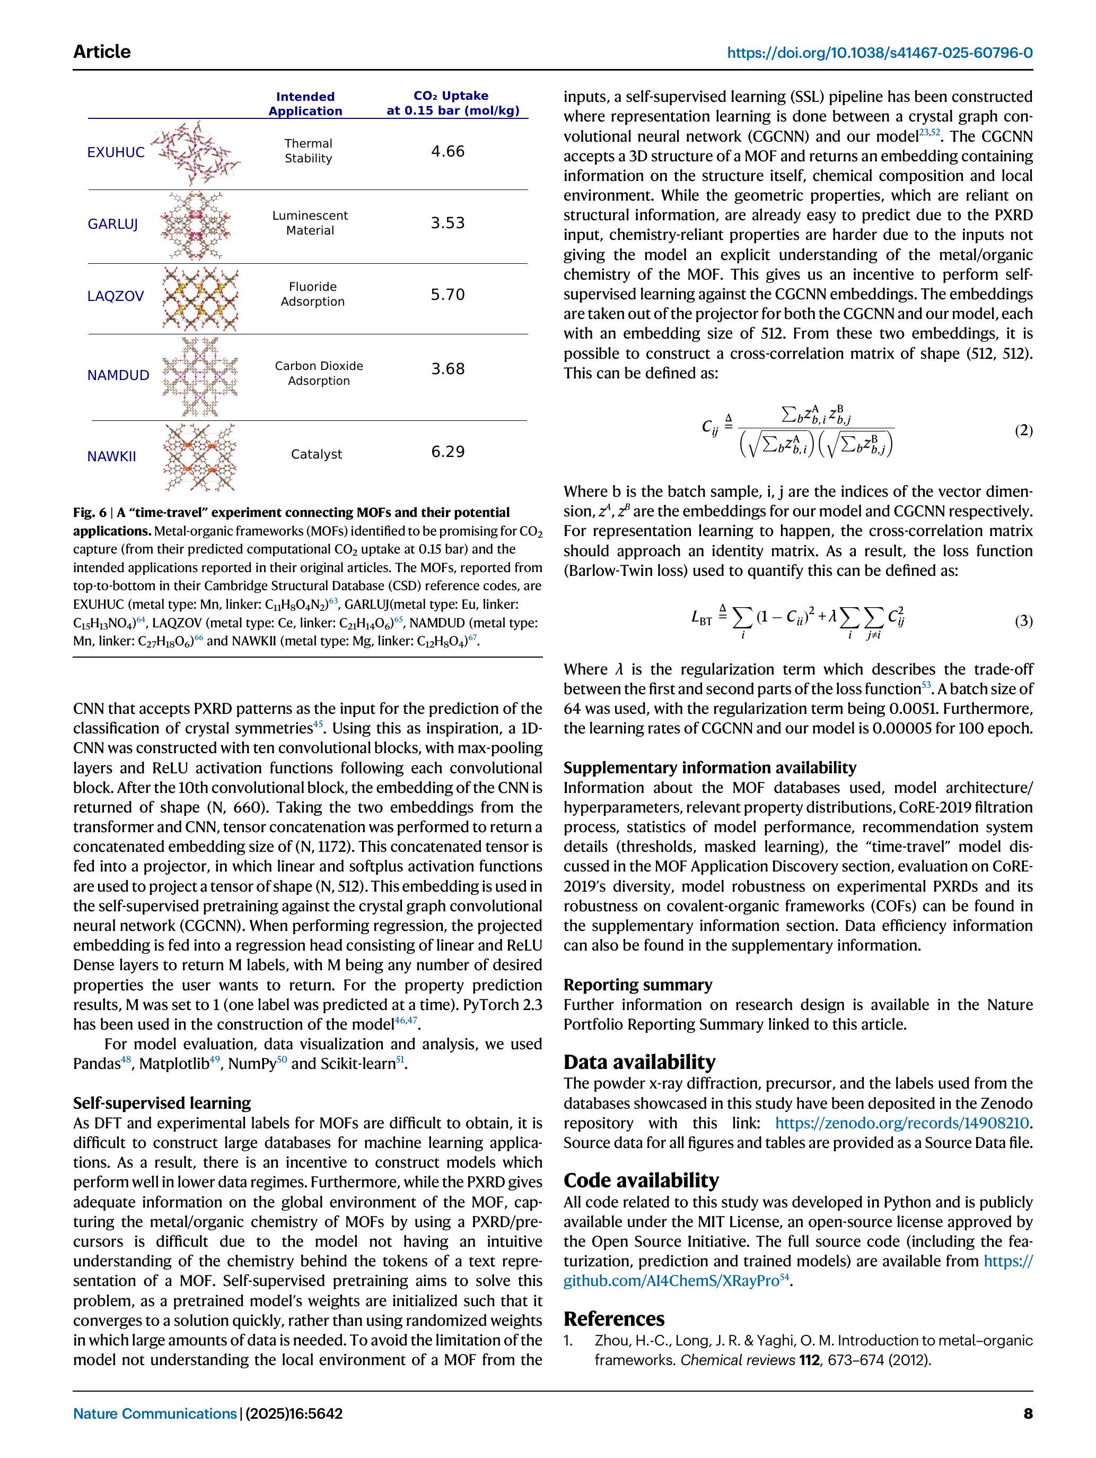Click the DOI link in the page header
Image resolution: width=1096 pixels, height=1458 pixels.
click(879, 53)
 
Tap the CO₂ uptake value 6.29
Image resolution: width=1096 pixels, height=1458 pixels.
click(448, 452)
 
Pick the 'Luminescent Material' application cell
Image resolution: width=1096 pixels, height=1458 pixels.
click(310, 223)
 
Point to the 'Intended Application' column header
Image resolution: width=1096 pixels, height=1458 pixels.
click(305, 103)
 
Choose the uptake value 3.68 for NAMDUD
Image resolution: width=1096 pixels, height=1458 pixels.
click(448, 369)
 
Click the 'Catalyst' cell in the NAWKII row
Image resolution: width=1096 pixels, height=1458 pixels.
click(316, 454)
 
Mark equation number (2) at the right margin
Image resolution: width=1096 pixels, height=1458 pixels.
click(1023, 430)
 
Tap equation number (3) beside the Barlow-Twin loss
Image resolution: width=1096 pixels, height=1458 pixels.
click(1023, 620)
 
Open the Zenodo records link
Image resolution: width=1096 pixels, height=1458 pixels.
click(902, 1123)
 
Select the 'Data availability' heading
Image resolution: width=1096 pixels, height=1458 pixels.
click(639, 1062)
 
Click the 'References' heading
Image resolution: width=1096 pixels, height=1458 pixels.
click(614, 1318)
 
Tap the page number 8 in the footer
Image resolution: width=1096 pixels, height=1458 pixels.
click(1028, 1413)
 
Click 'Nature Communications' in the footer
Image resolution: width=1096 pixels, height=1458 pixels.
click(154, 1413)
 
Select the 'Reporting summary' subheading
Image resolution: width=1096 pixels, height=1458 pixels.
click(637, 985)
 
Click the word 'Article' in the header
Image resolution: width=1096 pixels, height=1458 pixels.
click(101, 51)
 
